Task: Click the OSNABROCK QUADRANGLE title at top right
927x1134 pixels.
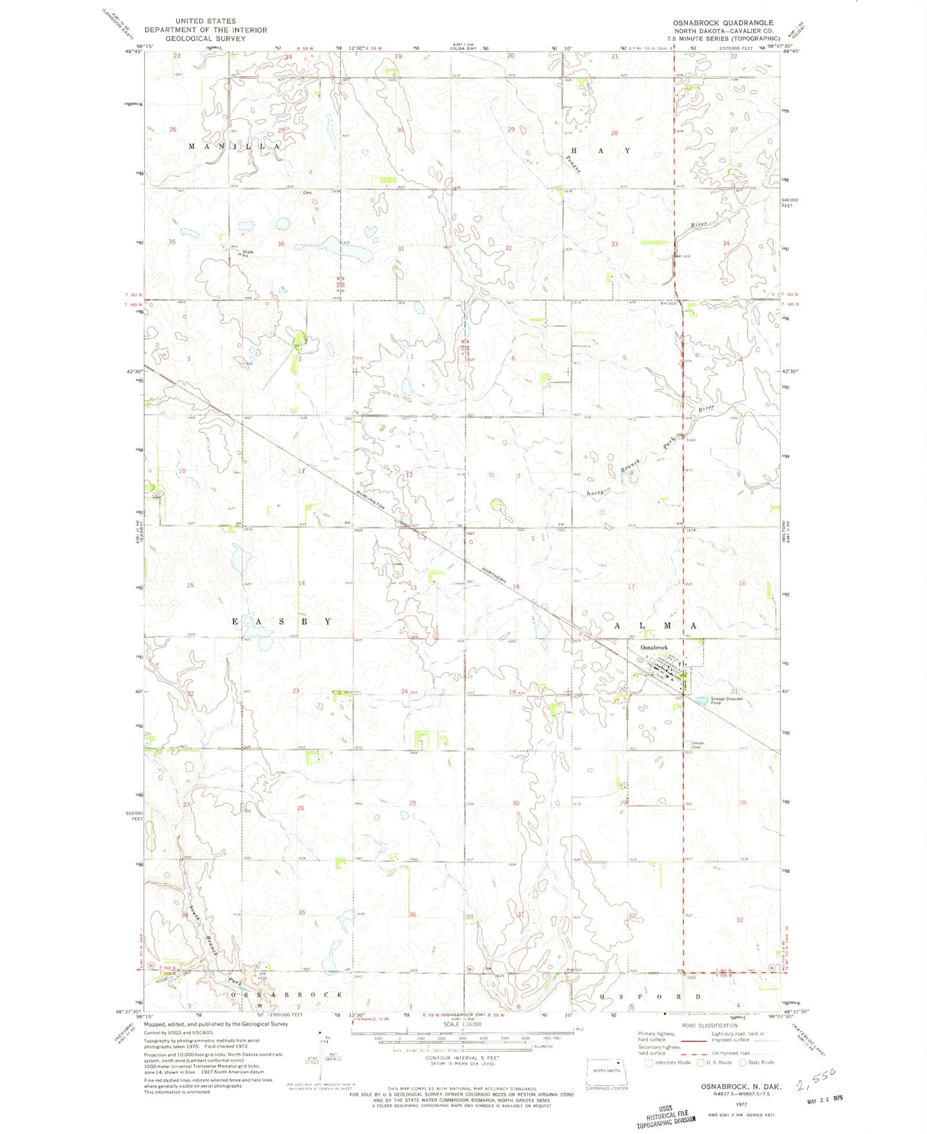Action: [723, 22]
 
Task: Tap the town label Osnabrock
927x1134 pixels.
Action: [654, 648]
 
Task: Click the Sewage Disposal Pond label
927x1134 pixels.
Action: [726, 700]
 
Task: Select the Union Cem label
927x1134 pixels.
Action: [696, 745]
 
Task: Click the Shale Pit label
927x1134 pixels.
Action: [247, 253]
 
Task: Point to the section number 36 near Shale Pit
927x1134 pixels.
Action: [281, 244]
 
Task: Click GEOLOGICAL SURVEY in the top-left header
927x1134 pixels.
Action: [206, 38]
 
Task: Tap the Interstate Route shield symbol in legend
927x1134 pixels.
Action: [649, 1062]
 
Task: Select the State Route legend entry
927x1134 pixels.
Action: [757, 1062]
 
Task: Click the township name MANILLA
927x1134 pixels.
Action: [234, 146]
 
